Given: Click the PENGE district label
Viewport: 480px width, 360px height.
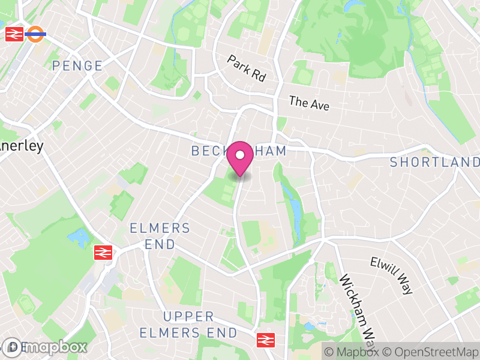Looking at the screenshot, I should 77,66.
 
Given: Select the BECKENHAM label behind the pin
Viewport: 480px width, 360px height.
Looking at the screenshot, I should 239,151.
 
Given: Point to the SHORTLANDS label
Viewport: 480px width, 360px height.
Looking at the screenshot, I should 435,162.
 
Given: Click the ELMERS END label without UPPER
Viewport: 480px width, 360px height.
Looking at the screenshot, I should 160,236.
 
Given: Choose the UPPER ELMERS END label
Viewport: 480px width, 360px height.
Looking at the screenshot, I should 188,324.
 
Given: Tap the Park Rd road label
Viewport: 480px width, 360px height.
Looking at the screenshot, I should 246,68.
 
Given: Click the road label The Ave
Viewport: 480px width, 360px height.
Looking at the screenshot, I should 309,103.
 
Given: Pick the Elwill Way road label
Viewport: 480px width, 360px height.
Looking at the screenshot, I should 392,275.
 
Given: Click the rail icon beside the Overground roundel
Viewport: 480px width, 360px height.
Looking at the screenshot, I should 14,34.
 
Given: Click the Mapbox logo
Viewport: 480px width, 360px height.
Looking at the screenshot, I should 45,347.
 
